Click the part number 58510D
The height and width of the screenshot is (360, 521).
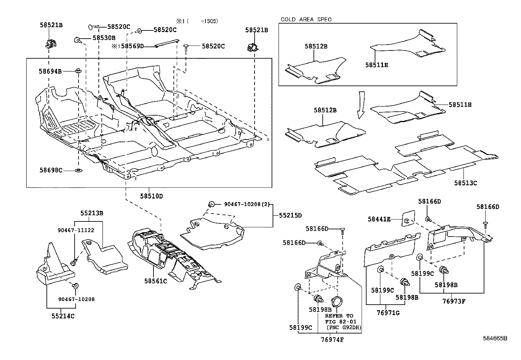[151, 196]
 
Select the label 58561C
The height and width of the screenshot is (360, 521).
[155, 281]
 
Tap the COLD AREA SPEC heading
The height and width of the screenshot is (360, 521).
[306, 19]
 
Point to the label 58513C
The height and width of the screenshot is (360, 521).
[465, 183]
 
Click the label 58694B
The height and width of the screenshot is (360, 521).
[50, 71]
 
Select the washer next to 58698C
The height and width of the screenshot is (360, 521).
[79, 170]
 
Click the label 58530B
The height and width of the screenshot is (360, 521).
[104, 38]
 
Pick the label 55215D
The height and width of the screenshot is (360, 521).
[290, 215]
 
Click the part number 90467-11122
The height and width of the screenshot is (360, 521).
[76, 230]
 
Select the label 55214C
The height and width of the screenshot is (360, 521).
[63, 316]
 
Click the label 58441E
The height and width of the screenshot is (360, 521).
[379, 219]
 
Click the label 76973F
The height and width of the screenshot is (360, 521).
[454, 301]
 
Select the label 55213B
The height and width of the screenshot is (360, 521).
[92, 213]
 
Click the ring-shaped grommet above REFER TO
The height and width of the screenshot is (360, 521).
[337, 301]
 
